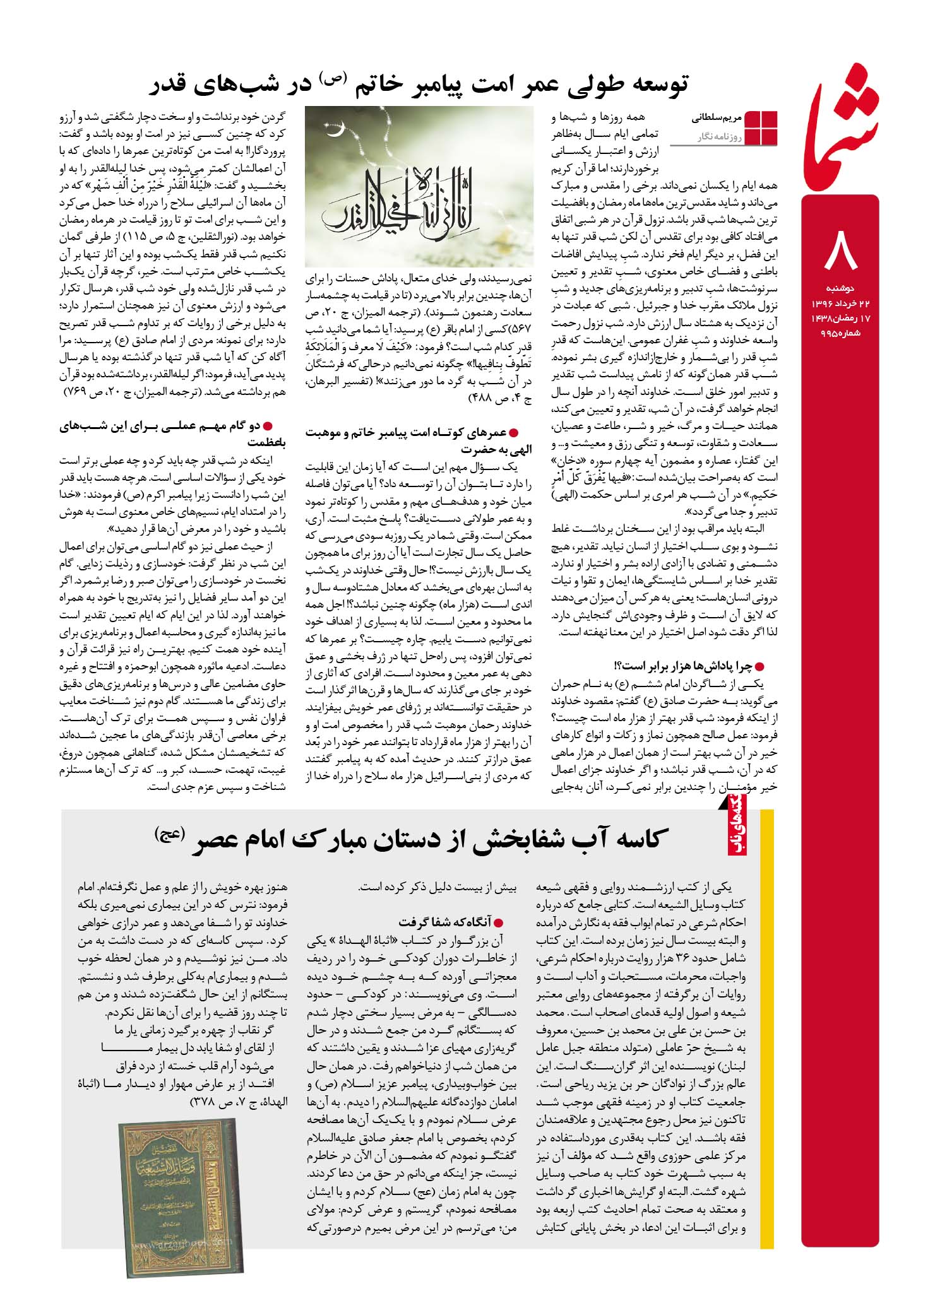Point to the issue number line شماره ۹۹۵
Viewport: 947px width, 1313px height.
(x=840, y=333)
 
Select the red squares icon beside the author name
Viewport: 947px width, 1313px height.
(x=761, y=127)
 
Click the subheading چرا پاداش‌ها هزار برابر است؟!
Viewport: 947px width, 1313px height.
(x=684, y=666)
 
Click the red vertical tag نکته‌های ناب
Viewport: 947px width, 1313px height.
(x=738, y=833)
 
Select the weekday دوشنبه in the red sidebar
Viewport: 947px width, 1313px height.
(x=840, y=288)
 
